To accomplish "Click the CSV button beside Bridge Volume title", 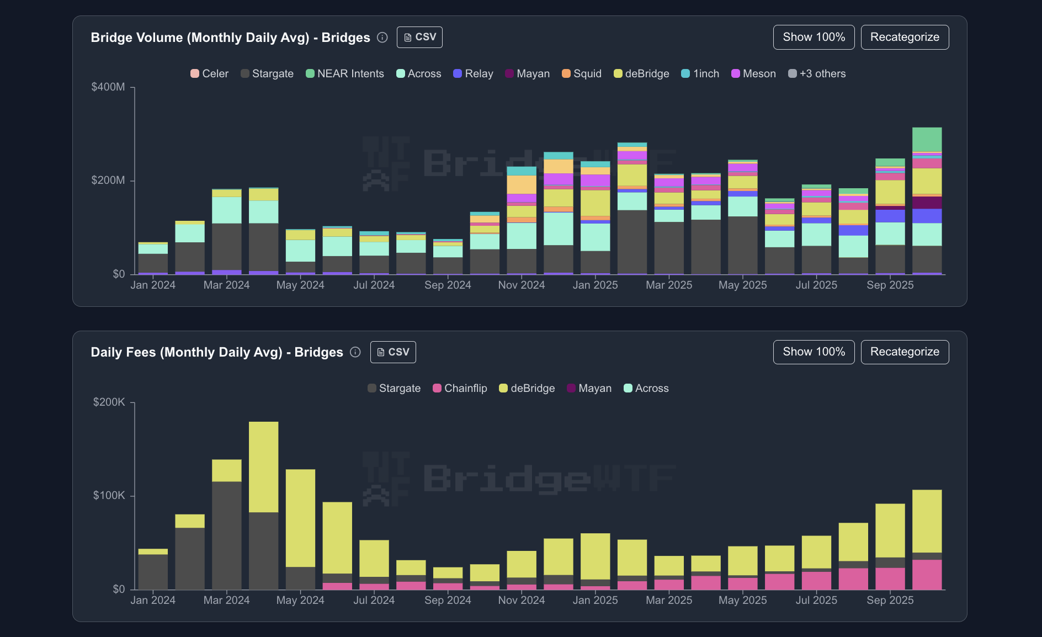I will click(x=419, y=37).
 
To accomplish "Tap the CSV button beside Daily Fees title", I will click(x=393, y=352).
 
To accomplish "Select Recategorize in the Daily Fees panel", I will click(x=905, y=352).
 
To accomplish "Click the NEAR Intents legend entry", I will click(x=345, y=74).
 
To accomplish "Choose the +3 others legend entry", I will click(x=817, y=74).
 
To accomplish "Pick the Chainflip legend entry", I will click(x=460, y=389).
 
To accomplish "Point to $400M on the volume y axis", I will click(x=108, y=87).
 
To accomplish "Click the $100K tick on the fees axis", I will click(x=109, y=496).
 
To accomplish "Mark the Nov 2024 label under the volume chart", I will click(x=521, y=285).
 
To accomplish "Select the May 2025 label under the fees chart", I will click(x=742, y=601).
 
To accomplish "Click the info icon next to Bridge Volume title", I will click(x=382, y=38).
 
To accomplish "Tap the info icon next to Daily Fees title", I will click(x=355, y=352).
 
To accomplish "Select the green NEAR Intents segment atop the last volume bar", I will click(x=927, y=139).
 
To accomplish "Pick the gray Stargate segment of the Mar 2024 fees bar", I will click(x=227, y=535).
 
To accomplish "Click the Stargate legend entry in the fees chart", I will click(x=394, y=389).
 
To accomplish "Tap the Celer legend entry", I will click(x=209, y=74).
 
